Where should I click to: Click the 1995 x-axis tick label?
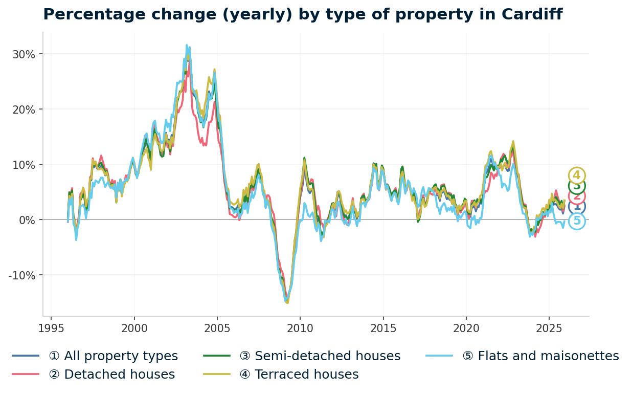[x=51, y=328]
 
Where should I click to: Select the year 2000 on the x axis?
[x=134, y=328]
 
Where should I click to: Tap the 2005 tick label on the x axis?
[x=217, y=328]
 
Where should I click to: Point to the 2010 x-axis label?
[x=300, y=328]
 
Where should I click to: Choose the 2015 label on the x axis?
[x=383, y=328]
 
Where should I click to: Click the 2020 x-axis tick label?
[x=466, y=328]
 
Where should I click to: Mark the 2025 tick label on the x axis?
[x=549, y=328]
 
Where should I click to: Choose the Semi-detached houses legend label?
[x=320, y=356]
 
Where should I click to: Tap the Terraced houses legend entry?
[x=299, y=375]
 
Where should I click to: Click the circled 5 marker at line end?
[x=577, y=221]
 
